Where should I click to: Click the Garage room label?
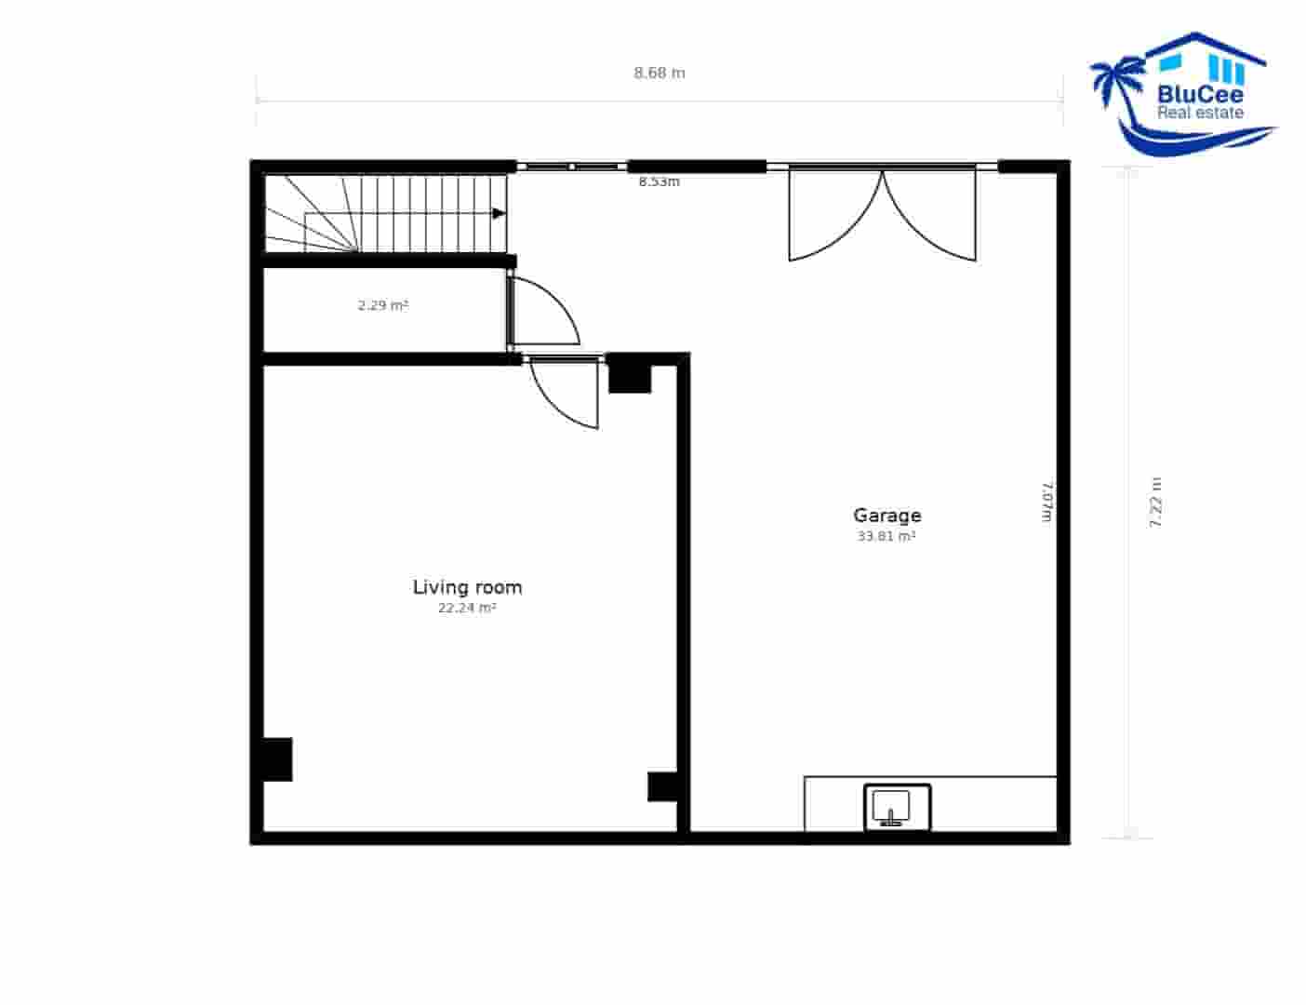click(886, 515)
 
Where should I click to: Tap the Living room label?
click(467, 586)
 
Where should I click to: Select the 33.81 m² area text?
click(886, 536)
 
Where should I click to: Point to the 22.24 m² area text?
click(467, 608)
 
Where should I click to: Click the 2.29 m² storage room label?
click(383, 304)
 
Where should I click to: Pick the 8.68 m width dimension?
click(660, 73)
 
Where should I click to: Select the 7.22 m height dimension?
click(1156, 502)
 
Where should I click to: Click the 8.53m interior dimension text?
click(659, 181)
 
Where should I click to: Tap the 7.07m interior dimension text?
click(1047, 502)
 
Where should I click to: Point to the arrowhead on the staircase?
click(499, 213)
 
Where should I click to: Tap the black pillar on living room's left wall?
click(276, 758)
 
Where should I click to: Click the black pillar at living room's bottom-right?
click(662, 786)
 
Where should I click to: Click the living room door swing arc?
click(566, 395)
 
